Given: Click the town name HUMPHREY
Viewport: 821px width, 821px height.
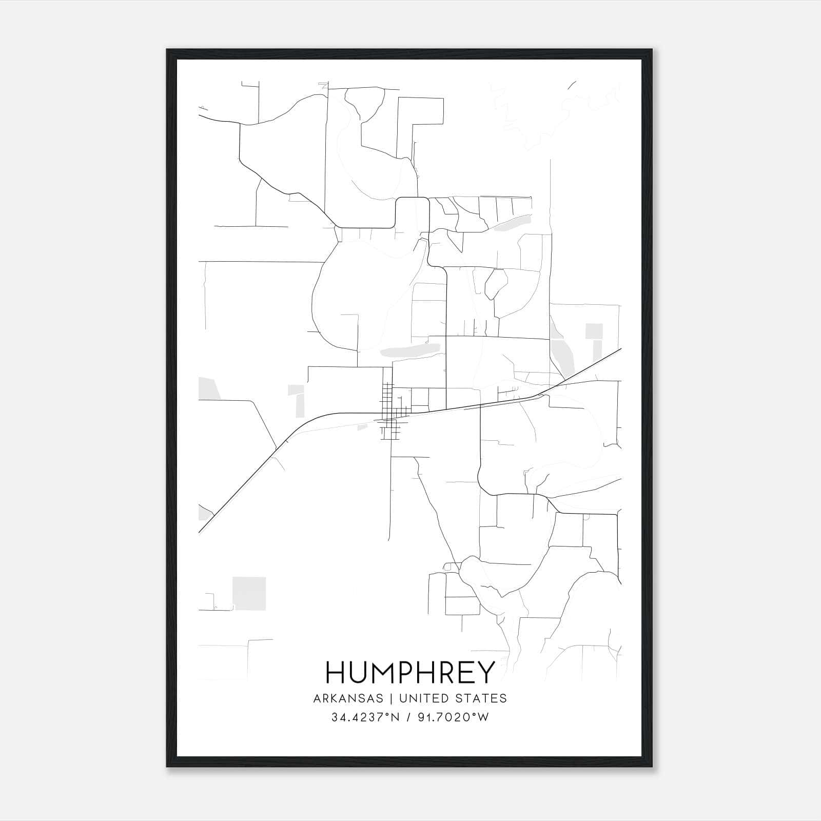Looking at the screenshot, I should point(410,672).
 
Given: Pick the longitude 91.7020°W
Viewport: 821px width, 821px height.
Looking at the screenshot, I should point(455,718).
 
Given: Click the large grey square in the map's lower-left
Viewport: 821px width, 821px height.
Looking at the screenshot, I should point(249,593).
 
